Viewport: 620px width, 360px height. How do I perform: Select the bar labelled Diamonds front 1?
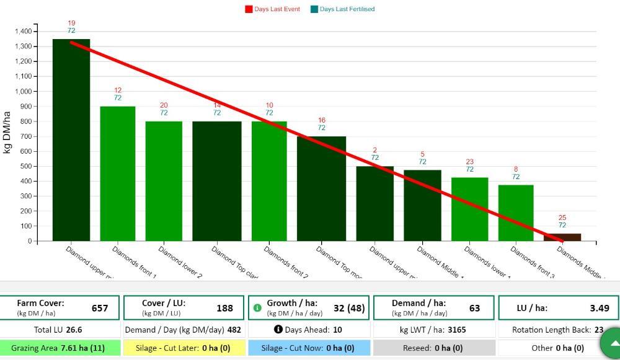point(117,173)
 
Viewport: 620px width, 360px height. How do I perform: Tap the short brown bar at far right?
point(562,237)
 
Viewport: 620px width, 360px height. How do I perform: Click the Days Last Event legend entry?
point(273,9)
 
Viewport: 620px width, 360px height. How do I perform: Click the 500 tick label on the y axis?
point(24,166)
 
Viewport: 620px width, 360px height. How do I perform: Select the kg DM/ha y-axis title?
point(7,136)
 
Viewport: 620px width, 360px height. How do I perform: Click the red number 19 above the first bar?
point(71,24)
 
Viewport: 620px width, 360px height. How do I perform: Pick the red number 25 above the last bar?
point(562,217)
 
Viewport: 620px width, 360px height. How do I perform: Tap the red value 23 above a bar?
point(470,162)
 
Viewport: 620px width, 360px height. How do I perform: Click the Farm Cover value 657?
point(100,308)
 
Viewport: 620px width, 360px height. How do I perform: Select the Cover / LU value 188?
point(224,308)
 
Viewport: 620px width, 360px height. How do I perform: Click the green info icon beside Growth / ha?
point(258,308)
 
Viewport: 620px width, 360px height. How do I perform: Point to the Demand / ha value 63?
point(474,308)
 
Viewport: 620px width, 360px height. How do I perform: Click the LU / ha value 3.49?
point(600,308)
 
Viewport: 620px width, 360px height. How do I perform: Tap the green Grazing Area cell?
point(58,348)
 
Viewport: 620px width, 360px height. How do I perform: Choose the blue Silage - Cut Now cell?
point(308,348)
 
